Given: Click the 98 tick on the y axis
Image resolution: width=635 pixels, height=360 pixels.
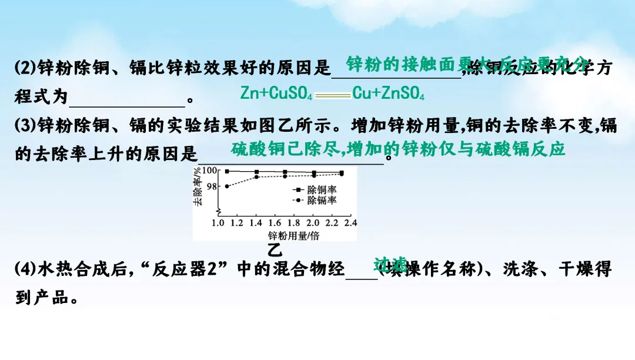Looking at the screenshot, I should [x=212, y=186].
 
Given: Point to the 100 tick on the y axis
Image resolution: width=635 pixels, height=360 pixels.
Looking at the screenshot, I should [x=209, y=171].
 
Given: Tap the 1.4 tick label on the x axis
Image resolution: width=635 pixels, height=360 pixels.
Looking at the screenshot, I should [x=255, y=224].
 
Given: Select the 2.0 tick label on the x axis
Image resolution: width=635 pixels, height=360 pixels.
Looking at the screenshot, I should [x=312, y=224].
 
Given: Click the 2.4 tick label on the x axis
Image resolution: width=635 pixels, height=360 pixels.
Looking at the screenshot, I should [x=350, y=224].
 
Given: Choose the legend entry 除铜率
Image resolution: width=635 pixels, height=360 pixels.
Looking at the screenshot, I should [x=322, y=190].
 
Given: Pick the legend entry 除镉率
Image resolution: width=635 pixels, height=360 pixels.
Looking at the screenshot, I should [x=322, y=200].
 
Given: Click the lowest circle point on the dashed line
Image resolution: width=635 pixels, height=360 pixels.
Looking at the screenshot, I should [x=227, y=186].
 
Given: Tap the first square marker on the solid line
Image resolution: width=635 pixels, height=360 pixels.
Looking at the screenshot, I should [x=227, y=171].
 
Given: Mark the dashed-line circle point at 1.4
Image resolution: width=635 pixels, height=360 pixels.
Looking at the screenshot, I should [x=256, y=177].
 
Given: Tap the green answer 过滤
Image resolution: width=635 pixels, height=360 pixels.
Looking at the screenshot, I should [x=391, y=263].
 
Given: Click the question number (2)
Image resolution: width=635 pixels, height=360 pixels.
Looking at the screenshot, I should [x=26, y=68].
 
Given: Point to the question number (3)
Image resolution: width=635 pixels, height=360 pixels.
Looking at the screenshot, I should [x=26, y=125].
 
